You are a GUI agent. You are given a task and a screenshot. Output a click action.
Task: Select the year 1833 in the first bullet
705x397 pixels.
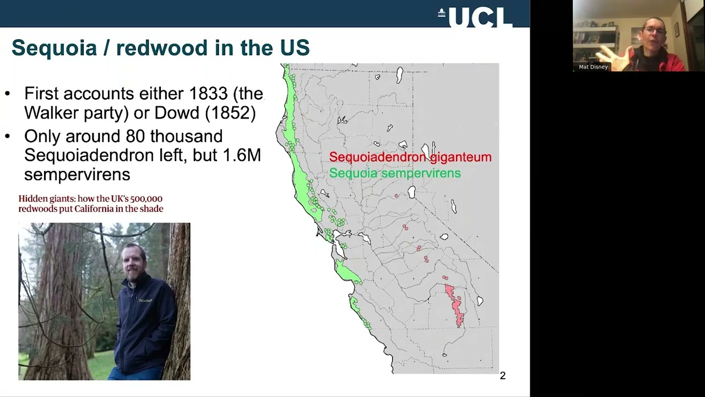[209, 93]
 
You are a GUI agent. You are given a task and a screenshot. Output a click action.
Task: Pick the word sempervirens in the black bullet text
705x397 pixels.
[77, 174]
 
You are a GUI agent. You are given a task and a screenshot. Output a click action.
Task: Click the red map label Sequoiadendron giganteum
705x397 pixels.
[410, 157]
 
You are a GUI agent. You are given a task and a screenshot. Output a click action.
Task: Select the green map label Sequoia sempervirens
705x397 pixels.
[394, 173]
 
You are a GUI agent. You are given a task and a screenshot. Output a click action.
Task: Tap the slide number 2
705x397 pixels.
[502, 375]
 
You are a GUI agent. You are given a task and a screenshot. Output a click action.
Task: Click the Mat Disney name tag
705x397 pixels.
[593, 67]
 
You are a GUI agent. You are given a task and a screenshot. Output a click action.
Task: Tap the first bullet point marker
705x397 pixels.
[8, 94]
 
